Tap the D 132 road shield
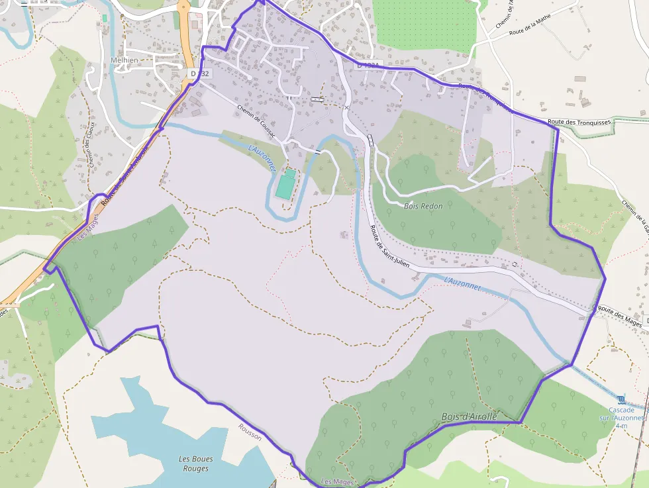(199, 73)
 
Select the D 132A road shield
(368, 66)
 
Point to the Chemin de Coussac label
(258, 120)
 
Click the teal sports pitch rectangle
(286, 185)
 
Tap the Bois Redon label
(423, 206)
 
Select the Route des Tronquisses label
(578, 122)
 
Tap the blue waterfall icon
(621, 399)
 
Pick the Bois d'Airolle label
(469, 416)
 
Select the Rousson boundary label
(250, 432)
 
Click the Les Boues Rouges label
(193, 464)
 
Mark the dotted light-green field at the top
(424, 23)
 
